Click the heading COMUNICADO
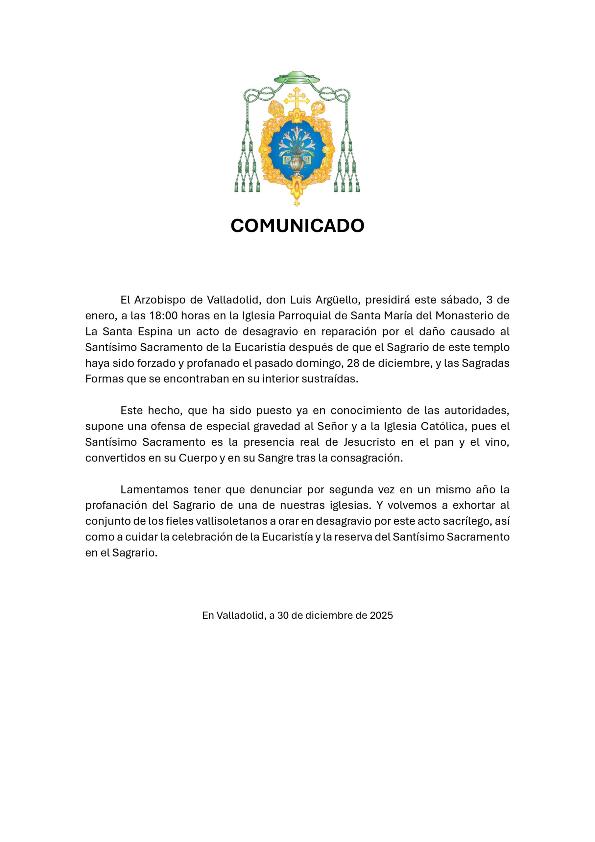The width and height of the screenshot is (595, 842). pos(297,226)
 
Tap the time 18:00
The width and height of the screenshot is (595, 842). pos(163,315)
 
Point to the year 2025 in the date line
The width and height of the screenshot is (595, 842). pos(381,615)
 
